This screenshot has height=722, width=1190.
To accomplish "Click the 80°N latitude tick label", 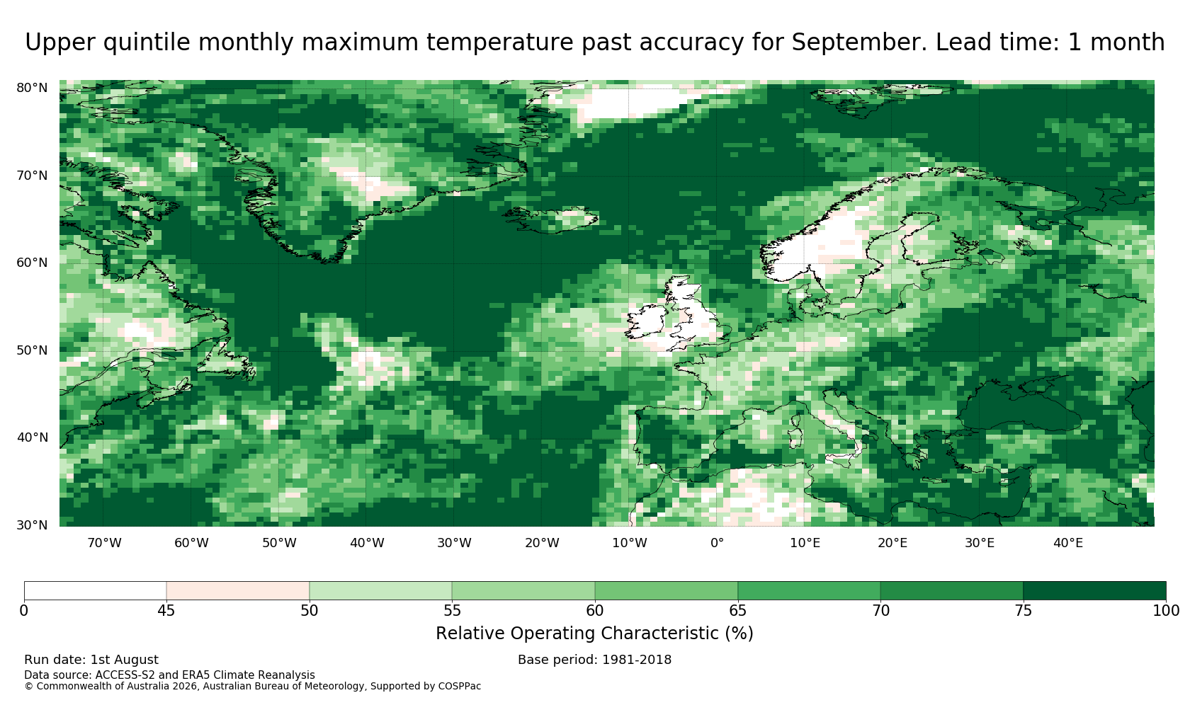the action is (32, 88).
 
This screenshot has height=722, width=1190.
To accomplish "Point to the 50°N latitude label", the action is (32, 350).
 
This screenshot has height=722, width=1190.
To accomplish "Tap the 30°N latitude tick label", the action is (32, 525).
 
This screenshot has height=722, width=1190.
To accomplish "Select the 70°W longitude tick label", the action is (105, 543).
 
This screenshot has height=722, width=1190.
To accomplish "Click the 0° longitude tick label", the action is (717, 543).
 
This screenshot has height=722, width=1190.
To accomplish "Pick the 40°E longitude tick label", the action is (1068, 543).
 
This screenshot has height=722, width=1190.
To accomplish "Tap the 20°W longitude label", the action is (543, 543).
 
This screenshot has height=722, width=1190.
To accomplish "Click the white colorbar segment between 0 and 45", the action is (95, 591).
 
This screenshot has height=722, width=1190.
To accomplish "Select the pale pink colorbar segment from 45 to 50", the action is (238, 591).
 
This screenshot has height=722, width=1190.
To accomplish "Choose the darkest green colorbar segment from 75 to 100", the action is (1095, 591).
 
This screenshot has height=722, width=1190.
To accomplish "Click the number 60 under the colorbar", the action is (595, 611).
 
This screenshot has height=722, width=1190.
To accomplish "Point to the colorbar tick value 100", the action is (1166, 611).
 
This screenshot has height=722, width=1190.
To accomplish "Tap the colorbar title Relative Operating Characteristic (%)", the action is (594, 634).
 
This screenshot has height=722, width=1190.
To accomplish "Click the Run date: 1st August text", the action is (91, 660).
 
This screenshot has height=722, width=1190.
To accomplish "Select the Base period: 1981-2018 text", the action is (594, 660).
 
